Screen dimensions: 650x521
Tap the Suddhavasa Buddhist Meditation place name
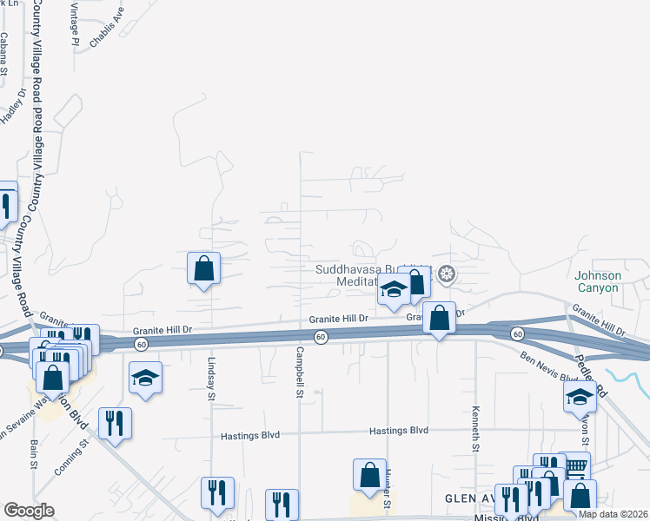click(x=374, y=276)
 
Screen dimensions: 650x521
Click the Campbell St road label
click(x=299, y=373)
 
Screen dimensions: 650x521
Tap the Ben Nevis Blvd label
click(x=549, y=367)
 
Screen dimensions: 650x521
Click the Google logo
click(x=29, y=511)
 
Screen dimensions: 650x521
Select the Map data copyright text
click(x=614, y=514)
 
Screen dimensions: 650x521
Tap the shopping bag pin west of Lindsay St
click(x=203, y=269)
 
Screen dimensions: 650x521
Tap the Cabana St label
click(x=4, y=52)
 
